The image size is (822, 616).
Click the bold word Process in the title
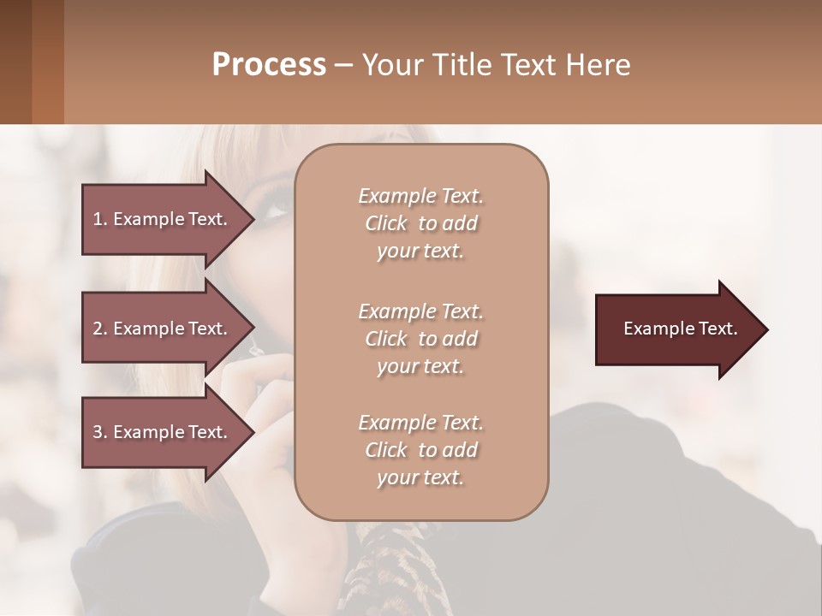[269, 64]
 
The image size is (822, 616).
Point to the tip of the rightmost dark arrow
[766, 329]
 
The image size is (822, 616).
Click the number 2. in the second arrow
[100, 329]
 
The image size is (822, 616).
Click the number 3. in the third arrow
[100, 432]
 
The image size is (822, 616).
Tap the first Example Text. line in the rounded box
[420, 196]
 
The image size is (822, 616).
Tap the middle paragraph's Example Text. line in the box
[420, 311]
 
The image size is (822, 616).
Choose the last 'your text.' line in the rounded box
[420, 477]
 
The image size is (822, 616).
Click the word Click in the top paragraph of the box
[386, 223]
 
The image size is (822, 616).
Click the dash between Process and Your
[344, 65]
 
